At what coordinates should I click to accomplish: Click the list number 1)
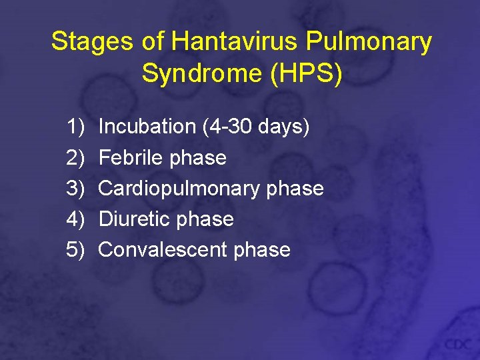(77, 127)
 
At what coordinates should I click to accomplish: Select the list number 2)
(77, 158)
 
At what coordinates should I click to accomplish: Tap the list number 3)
(77, 189)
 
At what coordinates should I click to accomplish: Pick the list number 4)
(77, 219)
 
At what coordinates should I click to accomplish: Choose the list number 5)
(77, 250)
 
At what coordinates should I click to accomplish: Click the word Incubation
(147, 127)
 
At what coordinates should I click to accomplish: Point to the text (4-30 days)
(255, 127)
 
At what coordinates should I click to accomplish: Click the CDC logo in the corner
(458, 343)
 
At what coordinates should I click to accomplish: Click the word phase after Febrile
(198, 158)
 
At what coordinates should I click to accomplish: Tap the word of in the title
(153, 42)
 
